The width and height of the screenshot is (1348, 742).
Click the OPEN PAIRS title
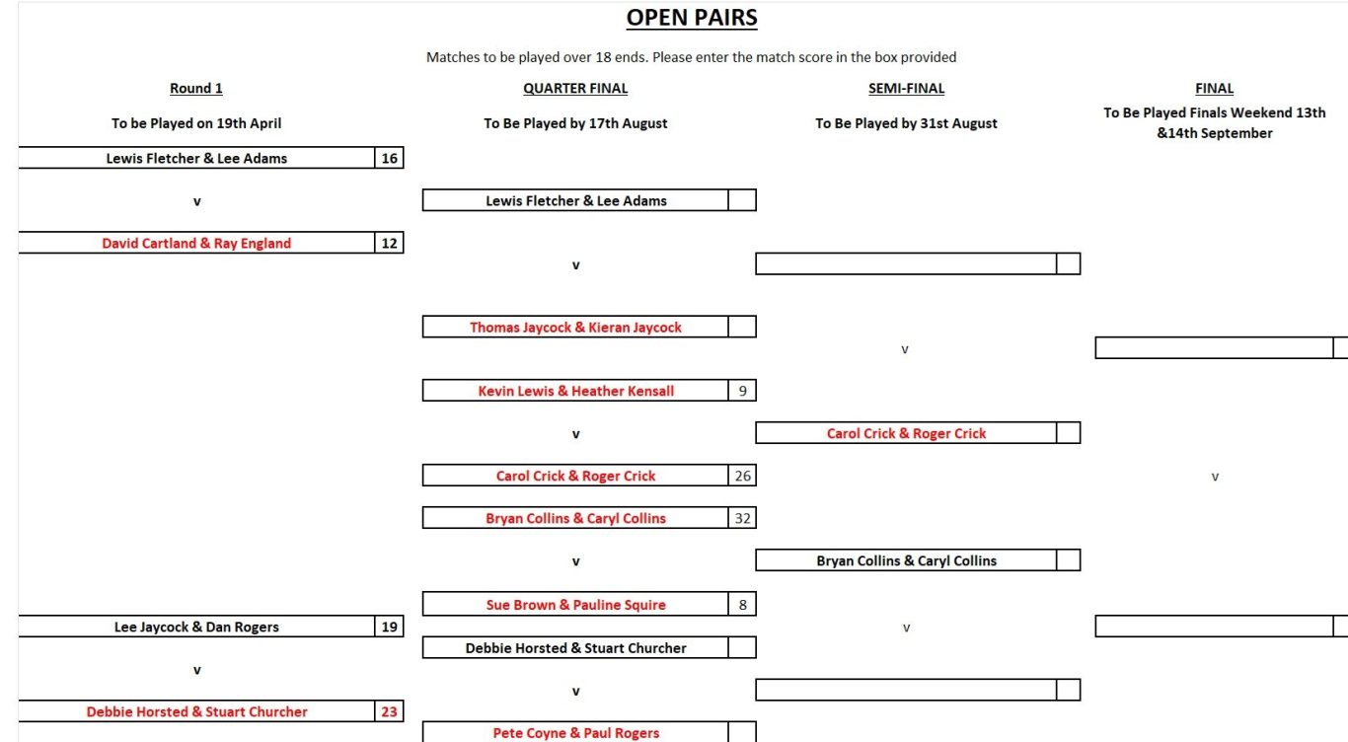coord(692,18)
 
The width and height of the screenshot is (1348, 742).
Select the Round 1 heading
coord(196,89)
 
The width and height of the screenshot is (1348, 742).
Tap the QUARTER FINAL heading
coord(575,89)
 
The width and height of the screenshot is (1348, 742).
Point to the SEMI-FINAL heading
coord(906,89)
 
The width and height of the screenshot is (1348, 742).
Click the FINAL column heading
coord(1215,89)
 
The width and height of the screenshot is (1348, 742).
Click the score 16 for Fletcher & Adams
coord(390,158)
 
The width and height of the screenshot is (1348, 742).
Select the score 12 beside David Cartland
coord(390,243)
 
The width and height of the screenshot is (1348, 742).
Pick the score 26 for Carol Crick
coord(743,476)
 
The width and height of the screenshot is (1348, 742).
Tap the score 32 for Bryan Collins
coord(743,518)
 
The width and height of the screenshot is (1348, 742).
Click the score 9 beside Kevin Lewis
coord(743,391)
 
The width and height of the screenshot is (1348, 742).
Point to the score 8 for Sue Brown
coord(743,605)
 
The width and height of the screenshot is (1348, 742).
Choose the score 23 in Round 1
coord(390,712)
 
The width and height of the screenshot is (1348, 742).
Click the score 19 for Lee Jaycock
coord(390,628)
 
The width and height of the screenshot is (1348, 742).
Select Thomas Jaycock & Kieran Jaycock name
coord(575,328)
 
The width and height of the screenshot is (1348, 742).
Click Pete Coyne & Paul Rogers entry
coord(575,733)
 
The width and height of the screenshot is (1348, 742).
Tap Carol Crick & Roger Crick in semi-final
coord(906,433)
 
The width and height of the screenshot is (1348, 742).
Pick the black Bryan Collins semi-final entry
coord(906,560)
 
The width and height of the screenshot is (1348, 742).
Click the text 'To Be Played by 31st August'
coord(906,123)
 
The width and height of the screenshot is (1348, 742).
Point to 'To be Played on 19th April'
coord(196,123)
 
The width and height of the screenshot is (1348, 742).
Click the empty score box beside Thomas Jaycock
coord(742,327)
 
